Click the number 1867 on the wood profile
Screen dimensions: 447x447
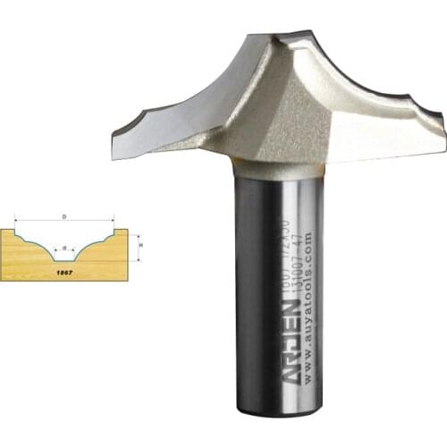(63, 266)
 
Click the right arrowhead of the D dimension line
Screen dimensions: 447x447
(114, 221)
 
